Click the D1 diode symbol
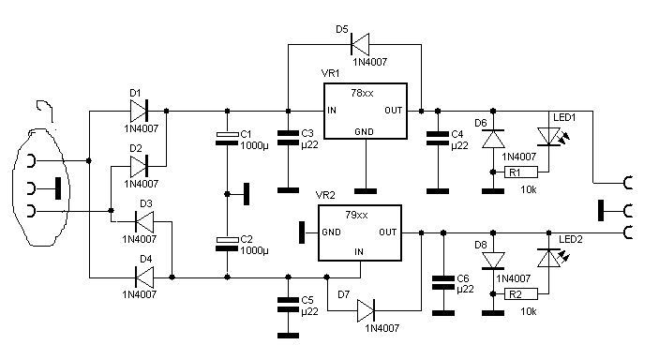pos(139,111)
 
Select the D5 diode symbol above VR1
pos(360,44)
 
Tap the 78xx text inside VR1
pos(362,93)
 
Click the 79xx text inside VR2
pos(356,215)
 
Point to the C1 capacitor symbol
pos(227,139)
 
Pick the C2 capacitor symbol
pos(227,244)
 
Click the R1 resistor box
pos(521,172)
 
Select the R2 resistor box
pos(521,294)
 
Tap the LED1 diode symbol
pos(550,137)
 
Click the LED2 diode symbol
pos(550,258)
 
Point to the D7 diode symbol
pos(366,311)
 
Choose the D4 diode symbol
pos(144,277)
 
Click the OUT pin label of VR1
pos(394,111)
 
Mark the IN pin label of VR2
pos(358,252)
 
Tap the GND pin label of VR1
pos(364,132)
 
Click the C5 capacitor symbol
pos(289,305)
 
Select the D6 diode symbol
pos(493,139)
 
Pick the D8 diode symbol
pos(493,261)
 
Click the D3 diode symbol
pos(144,221)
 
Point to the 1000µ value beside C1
pos(254,146)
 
